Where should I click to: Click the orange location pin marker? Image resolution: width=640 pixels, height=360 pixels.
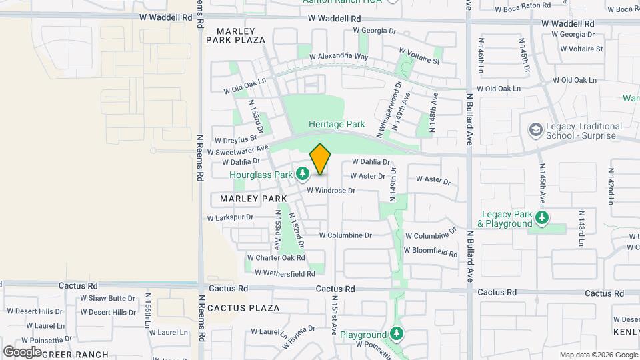point(321,159)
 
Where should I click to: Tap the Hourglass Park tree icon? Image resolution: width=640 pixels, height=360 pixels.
point(303,175)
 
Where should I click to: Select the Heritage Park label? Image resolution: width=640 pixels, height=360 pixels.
point(337,124)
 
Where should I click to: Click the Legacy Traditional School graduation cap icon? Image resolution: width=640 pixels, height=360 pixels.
point(534,129)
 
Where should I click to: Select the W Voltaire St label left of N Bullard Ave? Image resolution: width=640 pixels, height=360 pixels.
point(419,56)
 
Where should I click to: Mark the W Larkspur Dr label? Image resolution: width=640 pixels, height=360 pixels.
point(231,217)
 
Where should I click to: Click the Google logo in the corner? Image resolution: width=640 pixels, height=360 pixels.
point(22,351)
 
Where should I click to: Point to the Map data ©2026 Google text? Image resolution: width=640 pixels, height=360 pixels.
point(598,355)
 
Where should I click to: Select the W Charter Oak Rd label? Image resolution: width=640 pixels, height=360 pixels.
point(275,257)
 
